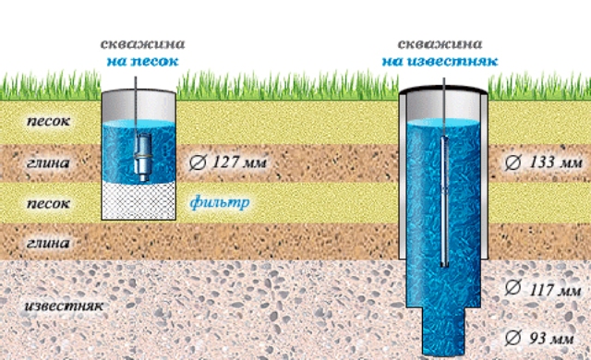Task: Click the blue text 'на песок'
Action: (142, 61)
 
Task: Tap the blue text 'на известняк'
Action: (440, 61)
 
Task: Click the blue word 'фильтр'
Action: (220, 203)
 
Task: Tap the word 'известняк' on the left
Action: (64, 306)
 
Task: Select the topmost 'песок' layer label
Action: (49, 121)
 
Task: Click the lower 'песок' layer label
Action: (49, 203)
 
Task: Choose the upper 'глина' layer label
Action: (48, 162)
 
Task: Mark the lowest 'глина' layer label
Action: (48, 243)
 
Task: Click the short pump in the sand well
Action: (143, 156)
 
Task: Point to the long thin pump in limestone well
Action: (445, 201)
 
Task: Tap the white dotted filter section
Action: (139, 200)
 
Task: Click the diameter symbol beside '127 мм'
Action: (198, 162)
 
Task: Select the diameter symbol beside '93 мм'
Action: (513, 338)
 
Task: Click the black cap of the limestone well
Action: (443, 90)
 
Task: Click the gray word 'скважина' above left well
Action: (142, 44)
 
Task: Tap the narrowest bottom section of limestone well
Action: (443, 330)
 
